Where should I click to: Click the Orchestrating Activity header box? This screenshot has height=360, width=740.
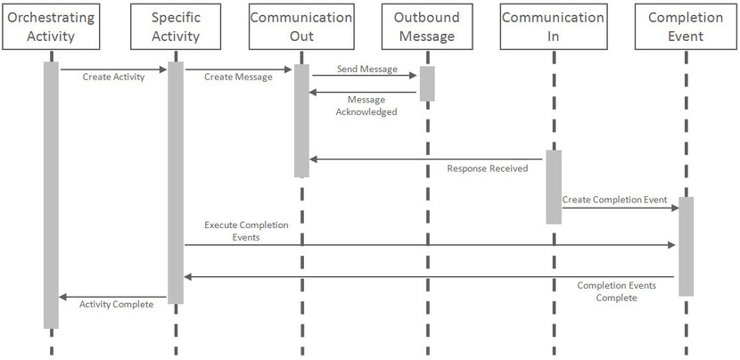51,27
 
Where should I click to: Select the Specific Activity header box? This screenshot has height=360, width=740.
176,27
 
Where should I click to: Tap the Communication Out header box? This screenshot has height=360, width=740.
301,27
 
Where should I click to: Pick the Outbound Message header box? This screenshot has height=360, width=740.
426,27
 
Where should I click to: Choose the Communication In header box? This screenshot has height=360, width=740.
553,27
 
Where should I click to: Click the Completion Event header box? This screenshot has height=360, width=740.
686,27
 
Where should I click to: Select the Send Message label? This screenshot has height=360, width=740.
367,69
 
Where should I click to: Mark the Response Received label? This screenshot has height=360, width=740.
488,168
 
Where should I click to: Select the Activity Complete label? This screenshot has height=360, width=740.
116,305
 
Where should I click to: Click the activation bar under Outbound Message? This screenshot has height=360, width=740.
427,83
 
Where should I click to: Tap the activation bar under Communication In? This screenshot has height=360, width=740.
554,186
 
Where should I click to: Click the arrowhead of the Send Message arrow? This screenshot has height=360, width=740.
415,76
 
